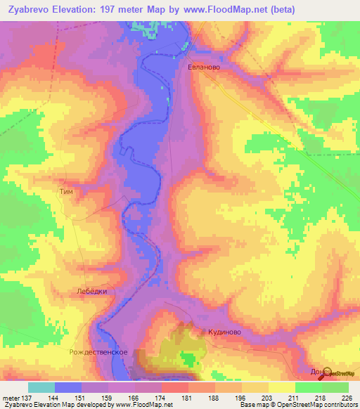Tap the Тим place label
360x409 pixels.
(x=65, y=190)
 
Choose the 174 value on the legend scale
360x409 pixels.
(x=141, y=398)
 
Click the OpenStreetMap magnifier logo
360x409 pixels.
(x=325, y=372)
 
